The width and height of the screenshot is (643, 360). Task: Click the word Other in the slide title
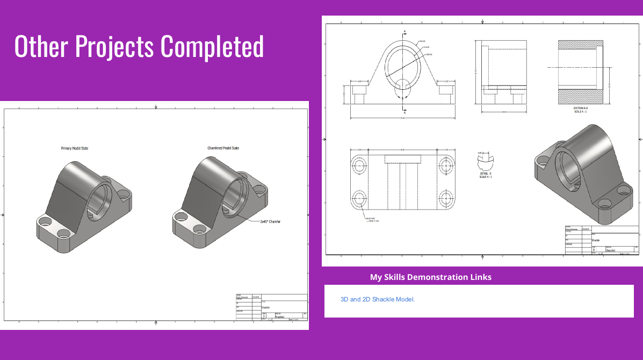pos(41,46)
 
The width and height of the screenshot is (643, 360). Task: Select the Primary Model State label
pos(74,148)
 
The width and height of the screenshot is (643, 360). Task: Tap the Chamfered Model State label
pos(223,148)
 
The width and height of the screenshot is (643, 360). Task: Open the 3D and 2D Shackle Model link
pos(377,299)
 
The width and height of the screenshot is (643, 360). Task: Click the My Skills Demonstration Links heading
pos(430,277)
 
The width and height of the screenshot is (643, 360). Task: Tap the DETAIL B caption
pos(486,174)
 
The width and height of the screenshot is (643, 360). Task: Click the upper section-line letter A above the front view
pos(404,32)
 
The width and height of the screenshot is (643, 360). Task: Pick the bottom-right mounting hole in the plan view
pos(446,198)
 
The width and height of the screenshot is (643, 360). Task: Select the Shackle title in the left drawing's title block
pos(265,307)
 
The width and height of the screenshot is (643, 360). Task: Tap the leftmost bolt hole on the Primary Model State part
pos(45,221)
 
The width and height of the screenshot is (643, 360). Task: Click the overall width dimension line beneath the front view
pos(404,117)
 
